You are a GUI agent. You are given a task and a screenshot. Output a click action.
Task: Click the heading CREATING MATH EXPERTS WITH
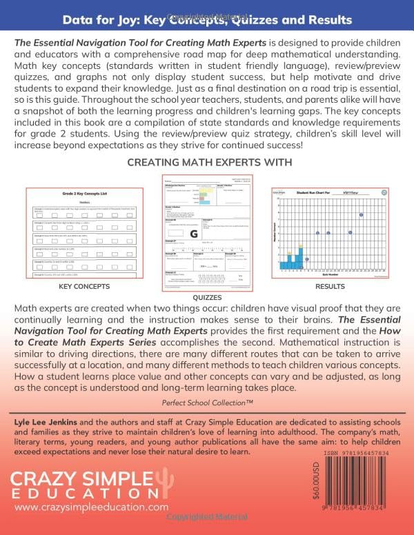coord(206,162)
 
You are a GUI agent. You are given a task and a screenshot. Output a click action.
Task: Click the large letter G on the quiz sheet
coord(194,234)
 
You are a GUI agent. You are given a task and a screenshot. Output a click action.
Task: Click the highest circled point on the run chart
coord(361,216)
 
